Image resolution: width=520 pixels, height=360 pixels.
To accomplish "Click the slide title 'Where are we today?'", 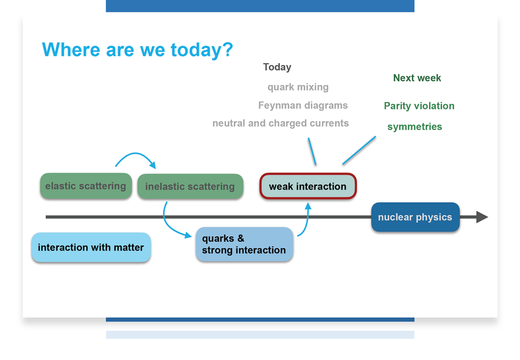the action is [x=137, y=49].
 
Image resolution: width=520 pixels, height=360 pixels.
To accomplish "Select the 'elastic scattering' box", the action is [x=86, y=186].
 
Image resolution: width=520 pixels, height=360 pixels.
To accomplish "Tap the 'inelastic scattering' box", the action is [x=190, y=186].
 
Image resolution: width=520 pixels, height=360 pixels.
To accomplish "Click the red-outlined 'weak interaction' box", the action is [x=308, y=186].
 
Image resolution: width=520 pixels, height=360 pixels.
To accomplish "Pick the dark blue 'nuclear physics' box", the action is [x=415, y=217].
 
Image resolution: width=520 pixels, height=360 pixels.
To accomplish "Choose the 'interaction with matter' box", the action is [x=91, y=247].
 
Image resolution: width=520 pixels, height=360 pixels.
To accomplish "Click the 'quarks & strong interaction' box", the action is [x=244, y=244].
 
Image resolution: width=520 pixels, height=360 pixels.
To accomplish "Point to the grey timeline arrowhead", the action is [x=482, y=217].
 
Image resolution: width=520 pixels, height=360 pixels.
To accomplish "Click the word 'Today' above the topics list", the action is [x=277, y=67].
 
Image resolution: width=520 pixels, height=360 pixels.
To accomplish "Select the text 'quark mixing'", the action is [x=298, y=87].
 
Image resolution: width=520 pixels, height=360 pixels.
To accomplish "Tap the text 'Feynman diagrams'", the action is [x=303, y=105].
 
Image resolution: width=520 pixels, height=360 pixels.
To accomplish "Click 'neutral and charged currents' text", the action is [x=280, y=123].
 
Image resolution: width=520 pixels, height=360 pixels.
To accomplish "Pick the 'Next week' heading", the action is [x=417, y=78].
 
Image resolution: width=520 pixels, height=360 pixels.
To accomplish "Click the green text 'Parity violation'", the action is [x=419, y=106].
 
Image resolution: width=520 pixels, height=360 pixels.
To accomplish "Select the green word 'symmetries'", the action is [x=414, y=126].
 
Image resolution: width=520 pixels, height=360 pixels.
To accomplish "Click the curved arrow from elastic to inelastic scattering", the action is [x=135, y=153].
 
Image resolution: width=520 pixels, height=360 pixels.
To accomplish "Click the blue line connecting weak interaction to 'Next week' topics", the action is [x=359, y=150].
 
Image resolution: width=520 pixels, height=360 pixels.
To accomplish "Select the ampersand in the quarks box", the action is [x=241, y=238].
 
